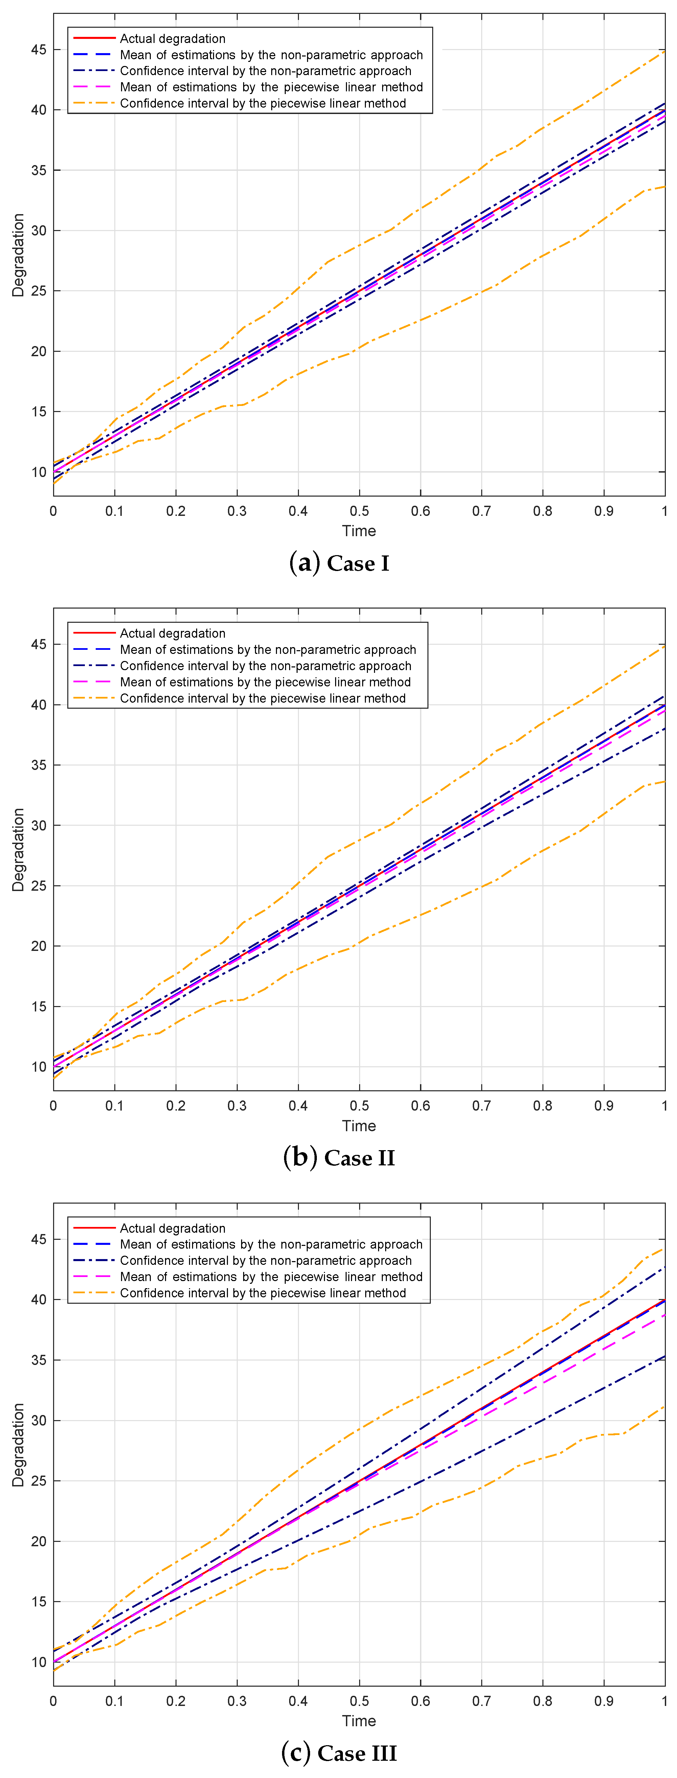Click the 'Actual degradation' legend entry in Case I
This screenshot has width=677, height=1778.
[x=172, y=39]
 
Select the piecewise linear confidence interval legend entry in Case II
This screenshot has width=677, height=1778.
[x=262, y=698]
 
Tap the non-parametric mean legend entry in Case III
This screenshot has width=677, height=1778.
[x=271, y=1244]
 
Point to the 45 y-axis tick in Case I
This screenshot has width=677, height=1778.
[x=39, y=50]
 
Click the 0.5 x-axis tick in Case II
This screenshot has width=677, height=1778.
[x=359, y=1106]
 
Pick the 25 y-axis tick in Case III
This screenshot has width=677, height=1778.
[x=39, y=1481]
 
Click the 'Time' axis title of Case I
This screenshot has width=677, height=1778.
[x=359, y=531]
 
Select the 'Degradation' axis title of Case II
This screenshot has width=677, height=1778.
[x=18, y=850]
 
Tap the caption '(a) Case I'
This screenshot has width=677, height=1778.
[x=339, y=563]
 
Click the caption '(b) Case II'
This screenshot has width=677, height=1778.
[x=339, y=1158]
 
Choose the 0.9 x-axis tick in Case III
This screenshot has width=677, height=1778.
[x=604, y=1701]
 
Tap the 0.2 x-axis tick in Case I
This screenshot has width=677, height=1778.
[x=176, y=511]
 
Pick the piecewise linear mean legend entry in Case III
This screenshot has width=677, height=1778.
[x=271, y=1276]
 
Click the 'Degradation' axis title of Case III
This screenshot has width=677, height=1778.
[x=18, y=1444]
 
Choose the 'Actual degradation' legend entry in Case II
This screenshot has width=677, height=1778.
[x=172, y=633]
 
